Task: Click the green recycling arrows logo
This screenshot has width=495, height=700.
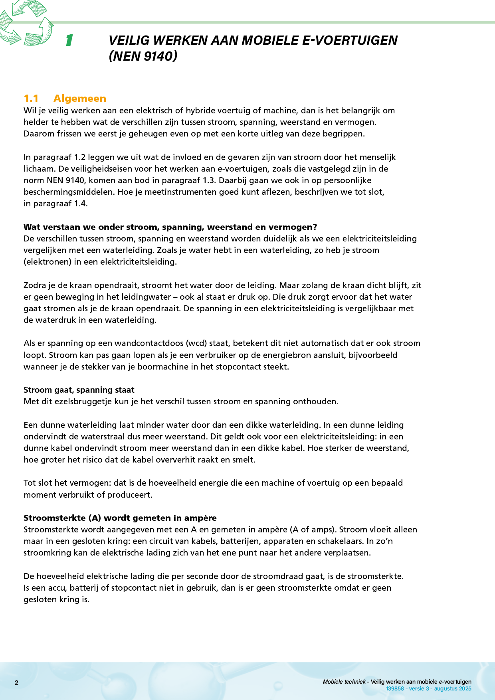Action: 26,23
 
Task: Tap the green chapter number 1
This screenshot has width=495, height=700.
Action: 69,40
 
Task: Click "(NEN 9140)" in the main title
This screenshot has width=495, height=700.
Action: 143,56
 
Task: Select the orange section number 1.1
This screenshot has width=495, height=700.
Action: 31,99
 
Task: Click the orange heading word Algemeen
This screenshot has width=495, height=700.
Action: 80,99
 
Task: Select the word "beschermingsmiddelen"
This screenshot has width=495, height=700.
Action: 68,192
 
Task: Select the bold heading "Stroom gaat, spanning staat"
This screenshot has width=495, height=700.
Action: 79,390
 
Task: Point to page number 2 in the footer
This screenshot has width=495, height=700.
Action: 16,683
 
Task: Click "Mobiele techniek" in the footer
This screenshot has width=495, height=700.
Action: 344,682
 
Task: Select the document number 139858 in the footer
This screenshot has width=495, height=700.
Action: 395,688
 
